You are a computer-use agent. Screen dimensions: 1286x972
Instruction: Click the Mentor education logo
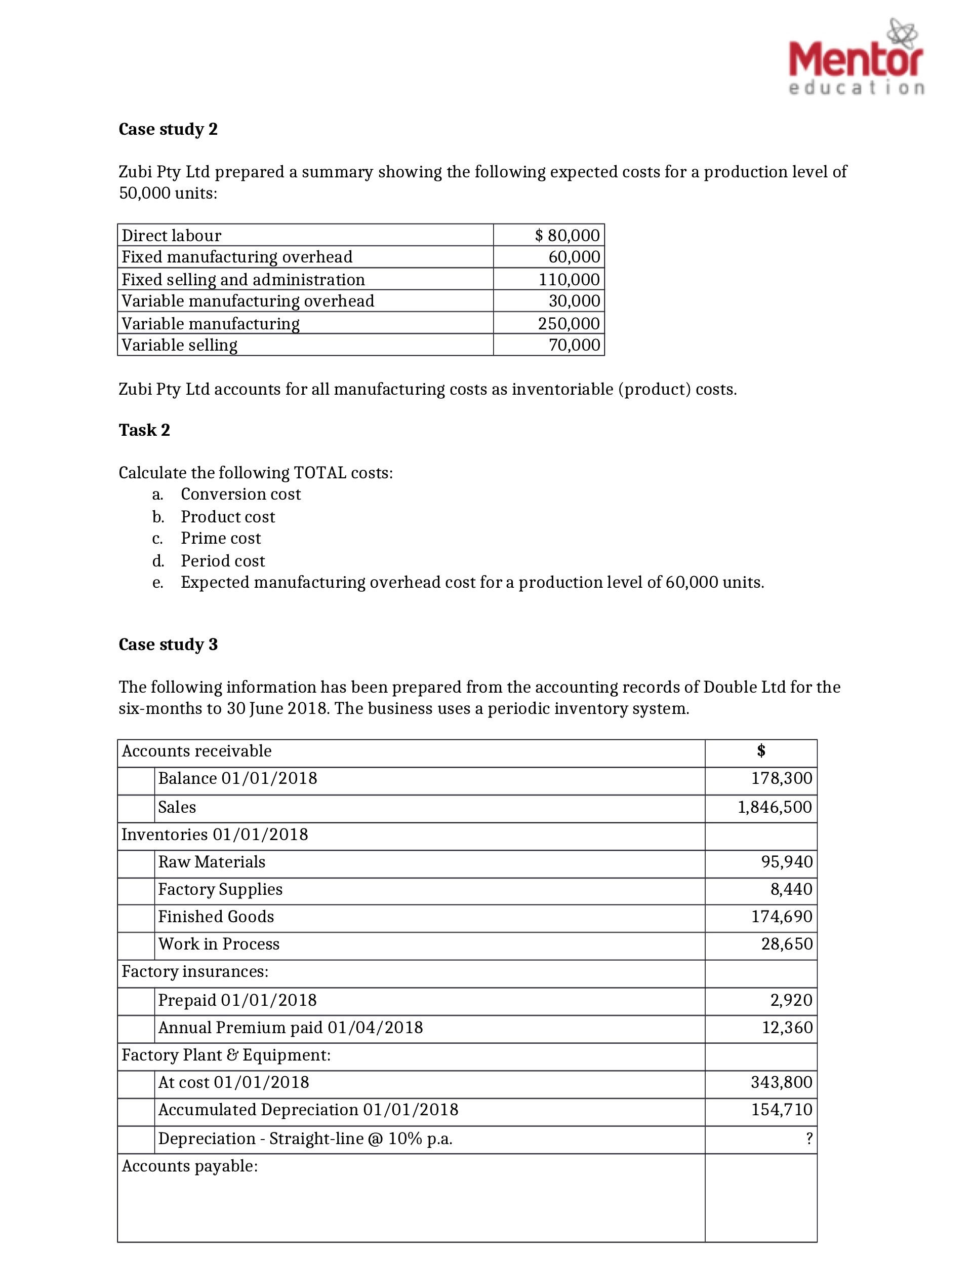856,58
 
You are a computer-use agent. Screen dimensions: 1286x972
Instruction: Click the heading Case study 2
168,129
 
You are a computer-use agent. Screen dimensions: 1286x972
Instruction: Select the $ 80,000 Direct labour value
566,235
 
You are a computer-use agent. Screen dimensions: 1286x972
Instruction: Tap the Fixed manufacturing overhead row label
236,256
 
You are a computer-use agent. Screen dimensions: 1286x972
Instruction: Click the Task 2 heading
144,430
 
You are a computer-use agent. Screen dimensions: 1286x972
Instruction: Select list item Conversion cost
240,494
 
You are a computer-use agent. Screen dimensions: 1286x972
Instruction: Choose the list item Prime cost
221,538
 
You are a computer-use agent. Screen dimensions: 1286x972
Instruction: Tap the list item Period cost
223,560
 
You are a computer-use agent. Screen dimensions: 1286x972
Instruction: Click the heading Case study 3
168,644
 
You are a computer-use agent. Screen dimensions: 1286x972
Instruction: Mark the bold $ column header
760,750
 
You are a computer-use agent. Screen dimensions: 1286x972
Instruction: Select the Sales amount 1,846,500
775,807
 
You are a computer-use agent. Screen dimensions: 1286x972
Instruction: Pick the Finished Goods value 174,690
782,916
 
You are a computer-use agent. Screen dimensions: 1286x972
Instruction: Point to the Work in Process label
219,943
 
